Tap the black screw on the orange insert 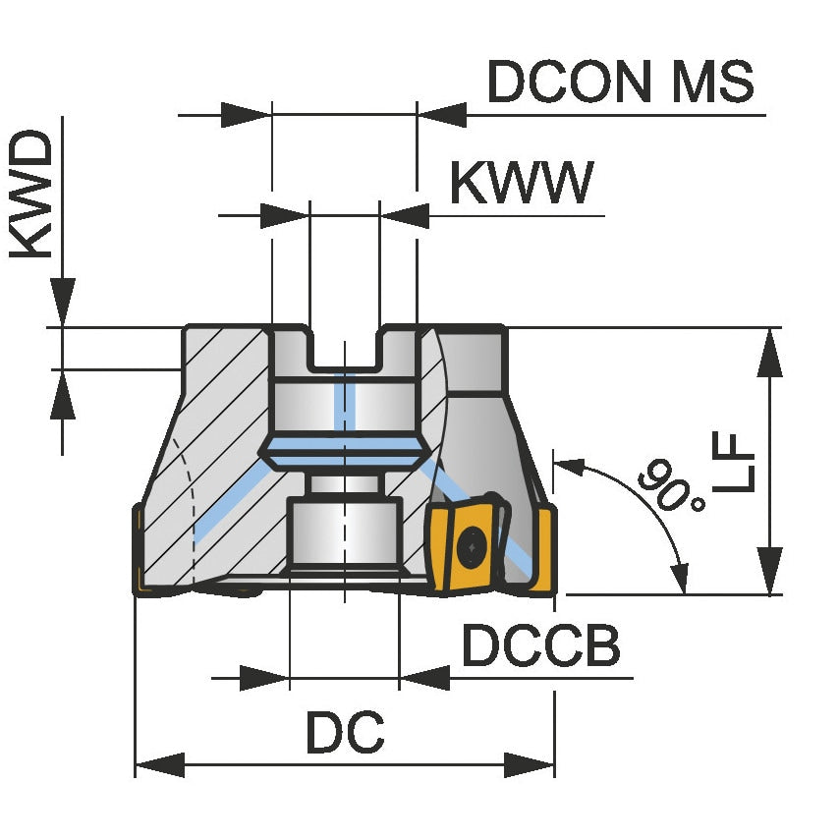474,541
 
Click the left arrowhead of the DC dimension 157,764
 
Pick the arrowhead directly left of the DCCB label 424,677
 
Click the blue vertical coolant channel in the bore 343,403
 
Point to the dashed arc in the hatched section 187,501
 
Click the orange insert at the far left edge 139,550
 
